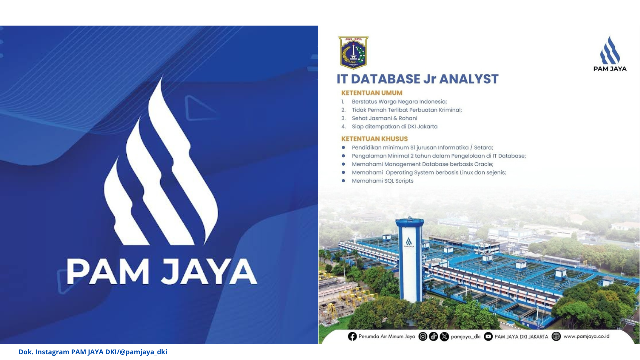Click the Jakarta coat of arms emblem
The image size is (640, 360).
click(x=353, y=53)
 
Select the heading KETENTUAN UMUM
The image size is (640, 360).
click(x=372, y=93)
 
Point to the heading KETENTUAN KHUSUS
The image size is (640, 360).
click(x=374, y=139)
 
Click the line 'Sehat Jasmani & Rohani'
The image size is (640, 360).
click(x=384, y=118)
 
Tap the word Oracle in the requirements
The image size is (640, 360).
click(x=484, y=164)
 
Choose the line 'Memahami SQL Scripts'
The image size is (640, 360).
click(x=383, y=181)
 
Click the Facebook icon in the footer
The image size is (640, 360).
click(x=352, y=337)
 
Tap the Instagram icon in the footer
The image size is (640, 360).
click(x=423, y=337)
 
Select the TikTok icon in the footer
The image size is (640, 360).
click(x=433, y=337)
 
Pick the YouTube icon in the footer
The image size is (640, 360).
click(x=488, y=337)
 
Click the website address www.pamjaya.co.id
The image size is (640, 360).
click(x=586, y=336)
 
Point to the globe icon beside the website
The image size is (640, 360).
click(x=556, y=336)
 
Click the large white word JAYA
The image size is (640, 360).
click(x=209, y=271)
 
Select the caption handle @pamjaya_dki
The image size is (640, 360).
click(x=143, y=352)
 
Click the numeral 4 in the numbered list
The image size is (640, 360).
click(x=343, y=126)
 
